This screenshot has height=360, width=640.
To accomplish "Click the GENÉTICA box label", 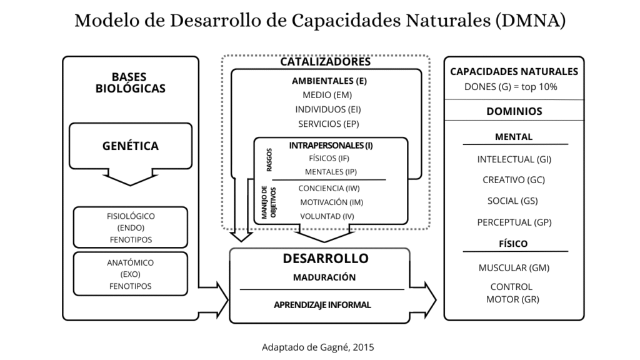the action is [x=130, y=146].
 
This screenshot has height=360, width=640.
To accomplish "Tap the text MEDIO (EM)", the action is [x=327, y=95].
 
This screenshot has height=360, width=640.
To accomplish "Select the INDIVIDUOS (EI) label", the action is [x=328, y=109].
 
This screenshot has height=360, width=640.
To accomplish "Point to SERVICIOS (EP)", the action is [x=328, y=124].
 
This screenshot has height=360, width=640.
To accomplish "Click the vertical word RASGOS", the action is [x=269, y=159].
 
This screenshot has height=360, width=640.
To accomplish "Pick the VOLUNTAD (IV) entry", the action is [x=327, y=216].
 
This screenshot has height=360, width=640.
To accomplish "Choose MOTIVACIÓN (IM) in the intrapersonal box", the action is [x=331, y=202].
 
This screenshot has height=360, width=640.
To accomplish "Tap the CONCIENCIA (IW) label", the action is [x=329, y=188].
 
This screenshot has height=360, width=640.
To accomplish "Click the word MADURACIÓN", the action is [x=324, y=277].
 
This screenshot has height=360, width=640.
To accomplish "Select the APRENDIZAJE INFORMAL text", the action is [x=322, y=305].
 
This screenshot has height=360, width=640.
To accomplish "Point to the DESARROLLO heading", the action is [x=326, y=258].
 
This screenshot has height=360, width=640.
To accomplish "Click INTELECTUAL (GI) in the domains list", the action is [x=514, y=159].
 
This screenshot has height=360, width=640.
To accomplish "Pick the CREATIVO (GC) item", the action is [x=514, y=180].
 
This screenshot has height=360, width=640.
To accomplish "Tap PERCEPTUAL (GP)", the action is [x=514, y=222].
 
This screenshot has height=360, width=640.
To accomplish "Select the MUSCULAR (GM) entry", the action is [x=514, y=267].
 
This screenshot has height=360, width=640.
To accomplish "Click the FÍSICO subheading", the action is [x=513, y=244].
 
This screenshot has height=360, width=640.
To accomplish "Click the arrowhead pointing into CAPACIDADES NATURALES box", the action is [x=431, y=299].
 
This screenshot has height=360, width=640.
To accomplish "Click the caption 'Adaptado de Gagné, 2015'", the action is [x=318, y=347].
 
